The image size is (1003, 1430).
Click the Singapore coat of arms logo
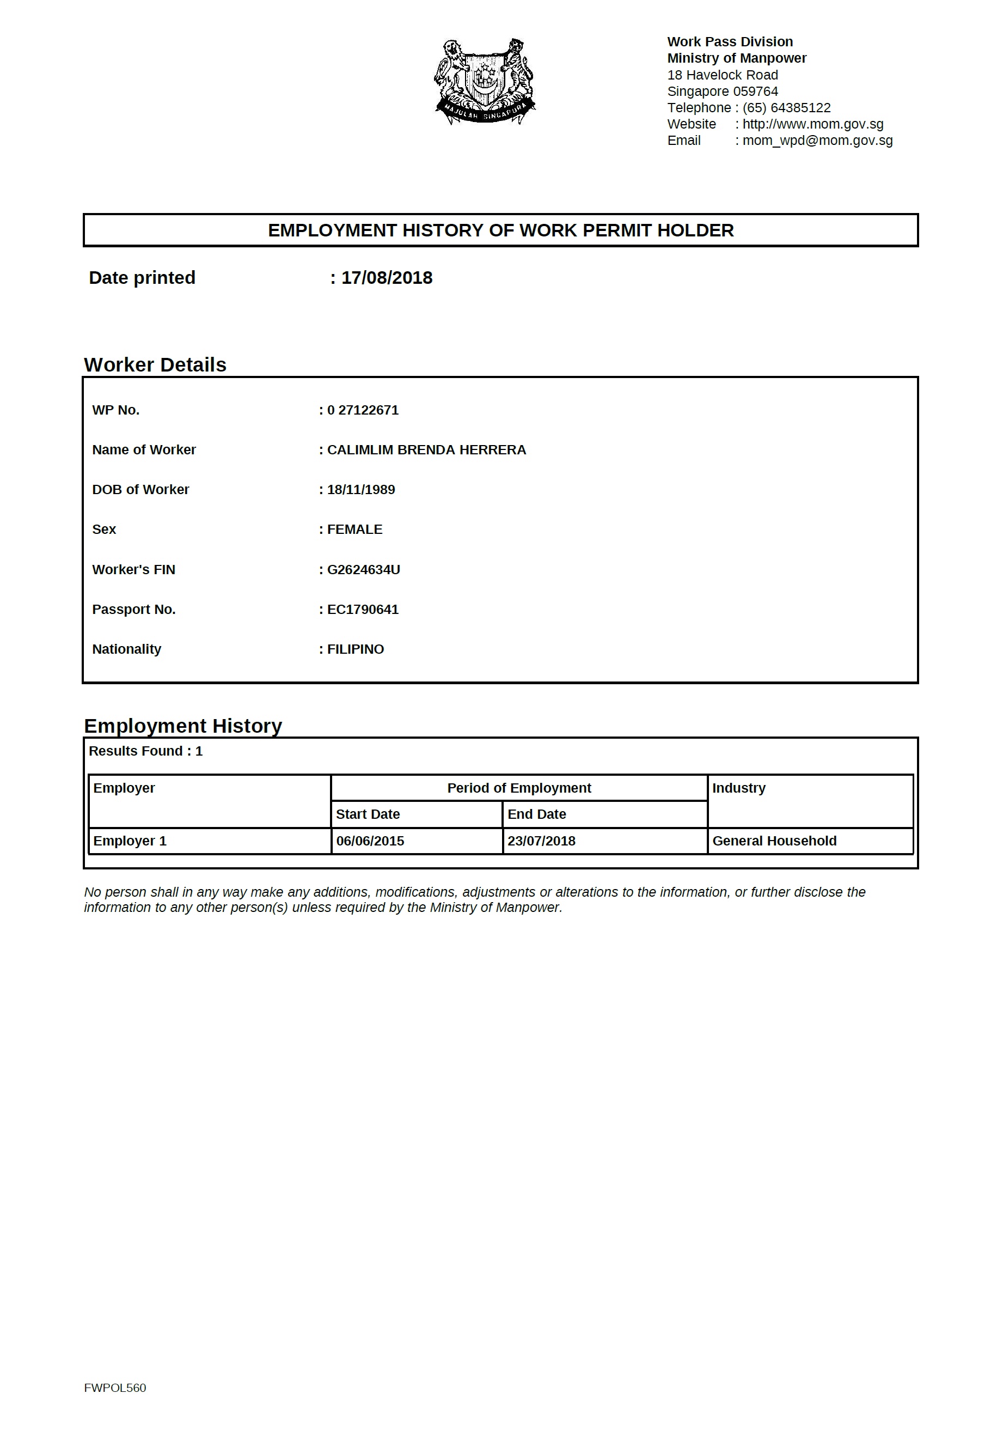click(485, 81)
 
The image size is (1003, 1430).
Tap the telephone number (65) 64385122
click(786, 108)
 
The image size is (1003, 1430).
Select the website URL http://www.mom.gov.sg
click(812, 124)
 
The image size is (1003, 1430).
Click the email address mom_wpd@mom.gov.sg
click(817, 141)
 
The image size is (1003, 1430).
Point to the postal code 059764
click(755, 91)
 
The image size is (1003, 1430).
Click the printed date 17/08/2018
click(387, 278)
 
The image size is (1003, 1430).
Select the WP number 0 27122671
click(363, 410)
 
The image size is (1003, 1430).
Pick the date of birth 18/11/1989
click(361, 490)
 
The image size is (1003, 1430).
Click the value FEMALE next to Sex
click(355, 530)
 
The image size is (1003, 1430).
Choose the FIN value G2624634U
click(364, 570)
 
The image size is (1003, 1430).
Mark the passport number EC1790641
click(363, 610)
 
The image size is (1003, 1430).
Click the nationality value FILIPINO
click(356, 649)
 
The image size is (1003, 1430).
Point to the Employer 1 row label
click(130, 842)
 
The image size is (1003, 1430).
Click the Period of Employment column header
click(519, 788)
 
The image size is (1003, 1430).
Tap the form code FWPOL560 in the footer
click(115, 1388)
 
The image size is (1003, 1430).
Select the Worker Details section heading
click(155, 365)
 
